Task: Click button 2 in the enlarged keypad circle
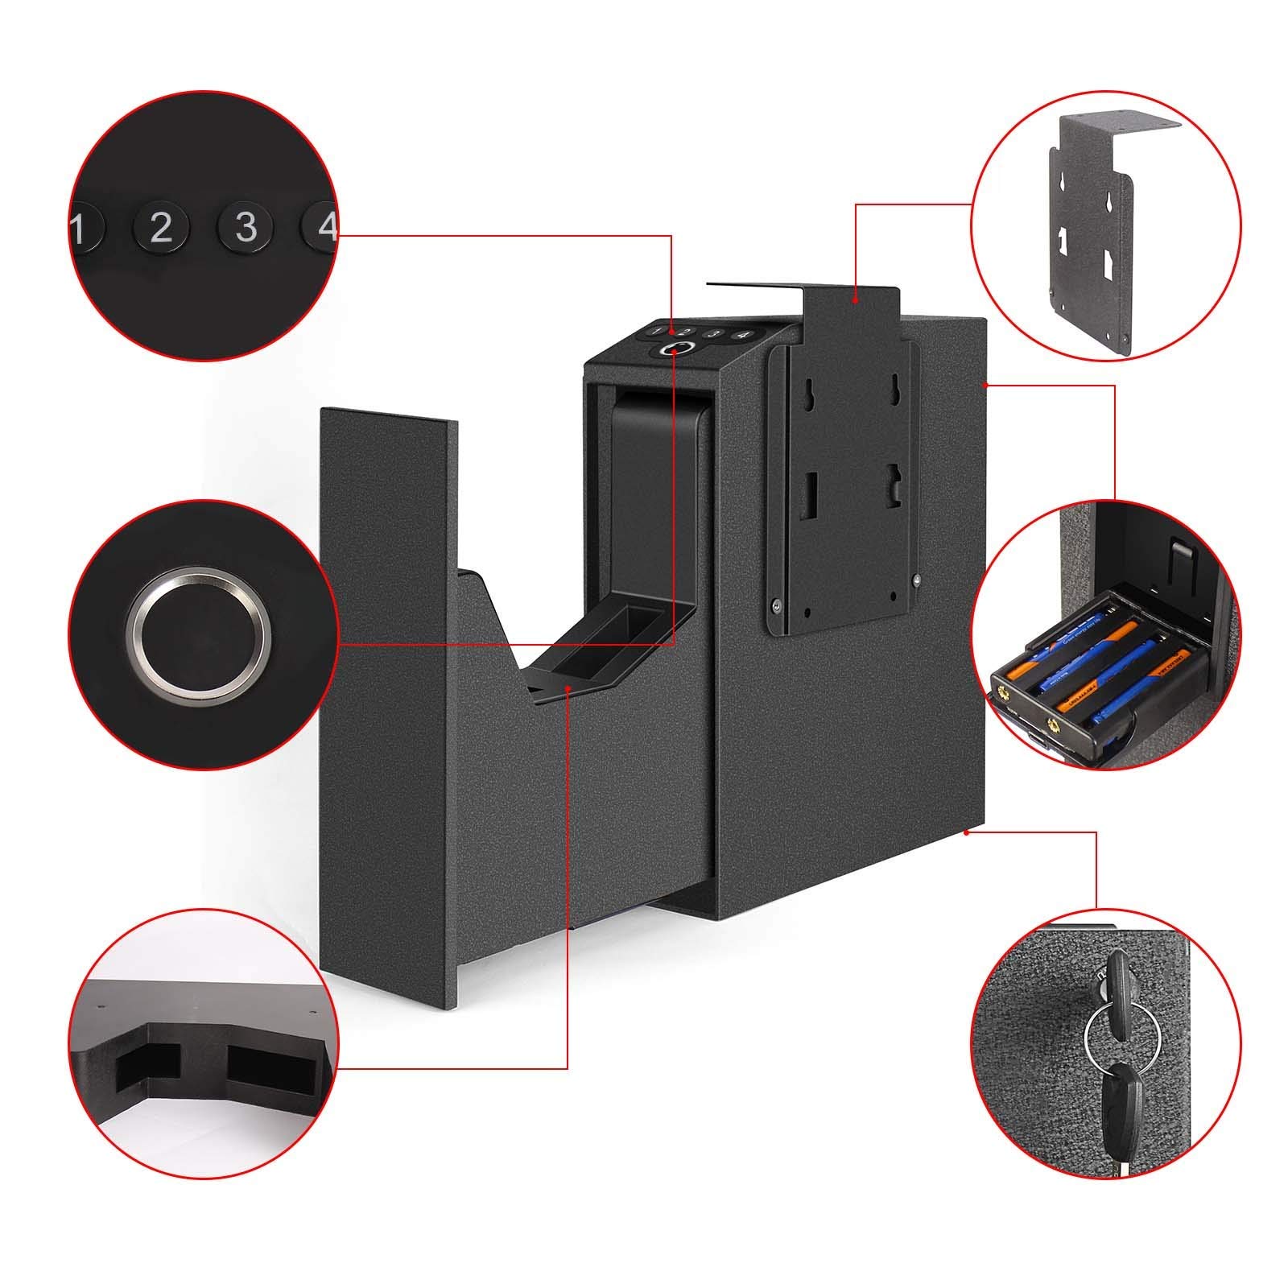pyautogui.click(x=161, y=229)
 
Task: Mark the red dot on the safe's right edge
pyautogui.click(x=987, y=386)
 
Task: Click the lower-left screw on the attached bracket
pyautogui.click(x=775, y=606)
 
